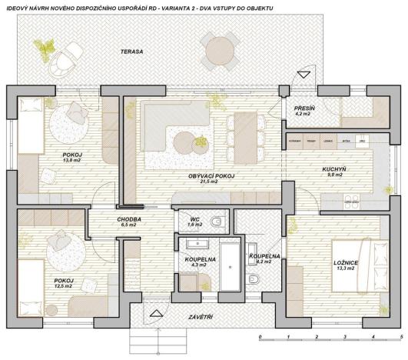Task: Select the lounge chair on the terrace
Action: point(73,54)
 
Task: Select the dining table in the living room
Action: point(245,132)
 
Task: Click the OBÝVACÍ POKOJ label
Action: point(211,176)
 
